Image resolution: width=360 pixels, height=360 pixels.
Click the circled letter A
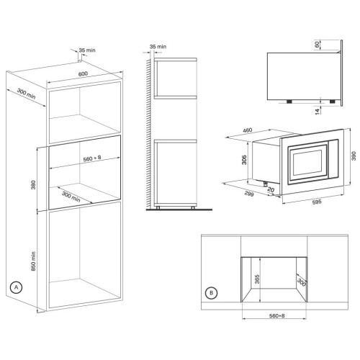click(17, 287)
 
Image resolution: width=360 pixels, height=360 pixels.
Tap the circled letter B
click(212, 293)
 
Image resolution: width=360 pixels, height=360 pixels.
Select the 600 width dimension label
click(83, 73)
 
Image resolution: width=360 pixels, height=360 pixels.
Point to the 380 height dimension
click(33, 185)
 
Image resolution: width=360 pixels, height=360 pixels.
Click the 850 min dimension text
click(33, 261)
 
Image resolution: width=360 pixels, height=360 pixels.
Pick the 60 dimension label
click(317, 45)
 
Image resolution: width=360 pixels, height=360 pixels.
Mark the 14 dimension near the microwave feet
click(318, 112)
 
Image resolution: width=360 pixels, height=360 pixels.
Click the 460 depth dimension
click(248, 130)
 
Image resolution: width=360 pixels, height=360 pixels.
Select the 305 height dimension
click(244, 160)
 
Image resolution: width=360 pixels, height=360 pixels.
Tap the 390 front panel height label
click(354, 156)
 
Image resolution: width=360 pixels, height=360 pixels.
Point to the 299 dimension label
click(249, 194)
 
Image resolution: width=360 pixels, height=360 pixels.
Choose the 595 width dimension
click(317, 202)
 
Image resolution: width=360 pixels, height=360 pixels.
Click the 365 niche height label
click(257, 279)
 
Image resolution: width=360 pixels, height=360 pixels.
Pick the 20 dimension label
click(271, 190)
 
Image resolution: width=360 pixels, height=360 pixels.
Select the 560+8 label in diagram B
click(276, 316)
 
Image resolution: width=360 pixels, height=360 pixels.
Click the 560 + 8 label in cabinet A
click(92, 158)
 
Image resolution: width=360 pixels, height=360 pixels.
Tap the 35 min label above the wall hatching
click(158, 47)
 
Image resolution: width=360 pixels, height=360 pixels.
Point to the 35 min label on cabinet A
click(87, 50)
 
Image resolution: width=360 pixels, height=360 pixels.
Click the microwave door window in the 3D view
click(307, 163)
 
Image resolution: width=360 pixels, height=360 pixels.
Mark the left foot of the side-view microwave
click(289, 102)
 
